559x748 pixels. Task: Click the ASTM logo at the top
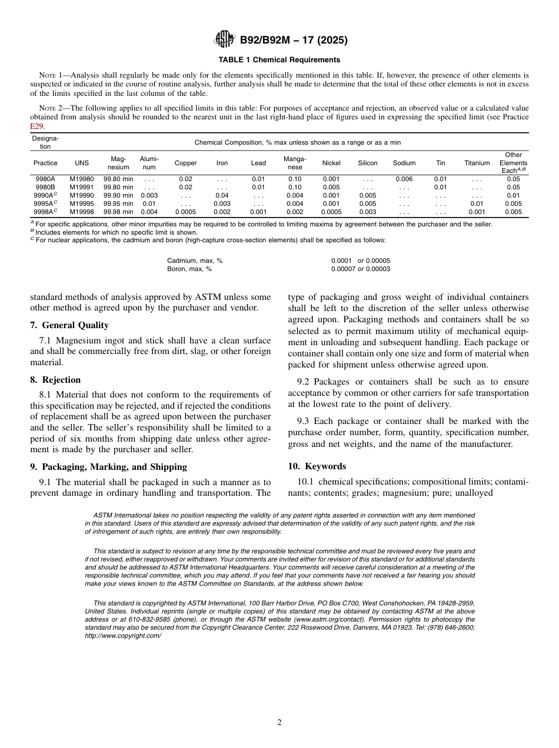click(224, 40)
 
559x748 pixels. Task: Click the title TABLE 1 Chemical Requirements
click(279, 60)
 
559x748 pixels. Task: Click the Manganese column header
click(295, 163)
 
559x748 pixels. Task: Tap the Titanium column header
click(477, 163)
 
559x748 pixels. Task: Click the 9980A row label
click(45, 179)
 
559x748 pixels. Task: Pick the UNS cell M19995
click(82, 203)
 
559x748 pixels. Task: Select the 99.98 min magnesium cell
click(118, 212)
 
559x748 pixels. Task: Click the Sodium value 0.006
click(404, 179)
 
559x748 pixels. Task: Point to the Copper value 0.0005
click(185, 212)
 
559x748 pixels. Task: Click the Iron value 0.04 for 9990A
click(222, 195)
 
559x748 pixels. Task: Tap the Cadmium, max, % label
click(195, 261)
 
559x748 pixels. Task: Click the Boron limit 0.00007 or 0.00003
click(360, 269)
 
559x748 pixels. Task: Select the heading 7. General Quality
click(69, 325)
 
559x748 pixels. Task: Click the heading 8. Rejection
click(55, 380)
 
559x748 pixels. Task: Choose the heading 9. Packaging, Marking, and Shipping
click(108, 467)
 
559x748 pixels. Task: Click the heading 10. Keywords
click(317, 466)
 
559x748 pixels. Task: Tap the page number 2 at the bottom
click(279, 723)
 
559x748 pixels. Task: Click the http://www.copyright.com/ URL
click(123, 636)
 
